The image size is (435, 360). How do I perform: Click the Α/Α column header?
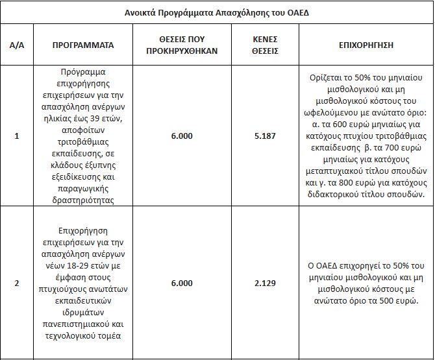(x=17, y=45)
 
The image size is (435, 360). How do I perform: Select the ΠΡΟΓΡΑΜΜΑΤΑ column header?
(x=84, y=45)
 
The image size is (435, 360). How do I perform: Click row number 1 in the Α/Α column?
(x=17, y=137)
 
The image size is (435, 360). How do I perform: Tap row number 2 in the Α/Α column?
(x=17, y=283)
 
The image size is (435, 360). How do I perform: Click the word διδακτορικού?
(x=339, y=195)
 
